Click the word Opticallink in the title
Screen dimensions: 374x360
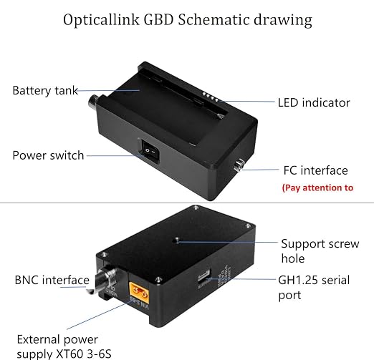pyautogui.click(x=101, y=20)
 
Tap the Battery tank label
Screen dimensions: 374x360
pyautogui.click(x=45, y=91)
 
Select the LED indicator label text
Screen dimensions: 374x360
pyautogui.click(x=314, y=102)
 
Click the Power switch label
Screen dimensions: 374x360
pyautogui.click(x=48, y=155)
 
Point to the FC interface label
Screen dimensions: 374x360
pyautogui.click(x=315, y=170)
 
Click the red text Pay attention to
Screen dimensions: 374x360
pyautogui.click(x=317, y=188)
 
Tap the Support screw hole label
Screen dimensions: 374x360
pyautogui.click(x=320, y=250)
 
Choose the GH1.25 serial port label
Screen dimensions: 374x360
pyautogui.click(x=314, y=288)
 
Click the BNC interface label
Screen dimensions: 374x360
pyautogui.click(x=52, y=280)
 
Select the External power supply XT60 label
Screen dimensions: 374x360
pyautogui.click(x=64, y=346)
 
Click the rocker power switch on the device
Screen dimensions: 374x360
pyautogui.click(x=150, y=151)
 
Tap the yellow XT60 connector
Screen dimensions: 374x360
pyautogui.click(x=139, y=293)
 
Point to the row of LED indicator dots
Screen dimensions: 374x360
pyautogui.click(x=210, y=97)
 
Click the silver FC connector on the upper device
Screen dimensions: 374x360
pyautogui.click(x=239, y=165)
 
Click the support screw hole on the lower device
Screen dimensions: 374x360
pyautogui.click(x=177, y=240)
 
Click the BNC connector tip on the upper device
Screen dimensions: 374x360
pyautogui.click(x=93, y=102)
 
